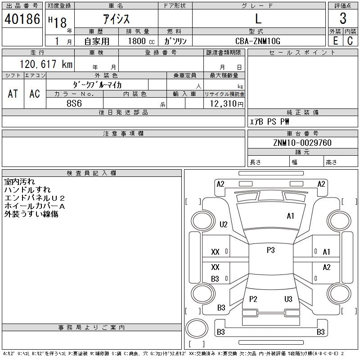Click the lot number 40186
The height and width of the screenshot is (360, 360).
(22, 19)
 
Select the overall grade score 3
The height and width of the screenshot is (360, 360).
(343, 18)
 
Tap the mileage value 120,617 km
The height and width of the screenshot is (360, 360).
(46, 64)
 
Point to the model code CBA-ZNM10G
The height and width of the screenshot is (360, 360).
(258, 41)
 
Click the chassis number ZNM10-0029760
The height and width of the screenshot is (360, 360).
(302, 143)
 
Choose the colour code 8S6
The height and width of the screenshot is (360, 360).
(74, 103)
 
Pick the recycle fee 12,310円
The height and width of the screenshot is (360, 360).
(226, 104)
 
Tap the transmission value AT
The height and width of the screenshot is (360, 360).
(13, 94)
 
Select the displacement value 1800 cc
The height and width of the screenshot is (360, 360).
(141, 41)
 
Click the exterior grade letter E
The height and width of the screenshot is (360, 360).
(335, 41)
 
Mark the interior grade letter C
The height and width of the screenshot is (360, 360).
(350, 41)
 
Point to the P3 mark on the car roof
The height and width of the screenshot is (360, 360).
(271, 250)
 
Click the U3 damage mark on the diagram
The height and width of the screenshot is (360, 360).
(288, 299)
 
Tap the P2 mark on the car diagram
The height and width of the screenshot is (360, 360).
(253, 299)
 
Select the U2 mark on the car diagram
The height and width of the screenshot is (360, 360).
(224, 224)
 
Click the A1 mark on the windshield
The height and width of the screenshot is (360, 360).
(290, 216)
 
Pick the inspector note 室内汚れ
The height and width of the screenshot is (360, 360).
(19, 182)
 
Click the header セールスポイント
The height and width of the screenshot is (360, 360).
(302, 53)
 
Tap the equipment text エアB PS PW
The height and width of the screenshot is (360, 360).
(269, 121)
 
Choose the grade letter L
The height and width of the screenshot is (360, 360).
(258, 18)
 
